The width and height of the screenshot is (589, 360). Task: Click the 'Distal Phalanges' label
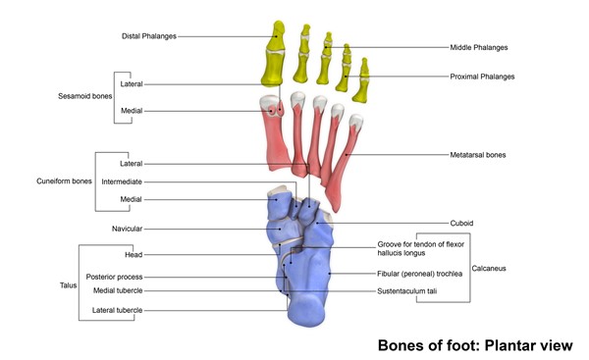[149, 36]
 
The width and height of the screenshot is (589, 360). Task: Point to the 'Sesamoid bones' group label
[81, 97]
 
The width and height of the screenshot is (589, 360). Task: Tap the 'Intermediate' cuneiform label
[122, 181]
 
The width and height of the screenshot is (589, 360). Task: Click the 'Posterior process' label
[114, 277]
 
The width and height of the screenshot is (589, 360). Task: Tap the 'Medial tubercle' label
[118, 290]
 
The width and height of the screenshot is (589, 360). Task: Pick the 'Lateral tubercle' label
[118, 310]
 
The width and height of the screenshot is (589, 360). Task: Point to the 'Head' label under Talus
[134, 254]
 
